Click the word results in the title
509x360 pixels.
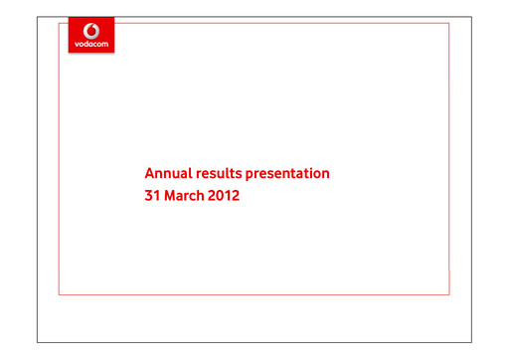(x=219, y=173)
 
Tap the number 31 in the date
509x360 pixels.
(x=153, y=196)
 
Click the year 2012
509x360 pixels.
(x=225, y=196)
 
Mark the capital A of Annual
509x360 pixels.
(x=150, y=173)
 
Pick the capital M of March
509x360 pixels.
(x=170, y=196)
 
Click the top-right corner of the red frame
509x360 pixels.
(x=449, y=23)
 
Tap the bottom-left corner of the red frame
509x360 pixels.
(x=60, y=294)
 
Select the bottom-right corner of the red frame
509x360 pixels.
(x=449, y=294)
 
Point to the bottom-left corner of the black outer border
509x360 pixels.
(x=38, y=342)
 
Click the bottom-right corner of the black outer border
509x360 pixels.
(x=471, y=342)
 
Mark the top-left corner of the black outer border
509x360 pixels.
(x=38, y=16)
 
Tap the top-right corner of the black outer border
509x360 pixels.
(x=471, y=16)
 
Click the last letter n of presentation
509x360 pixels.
(x=325, y=173)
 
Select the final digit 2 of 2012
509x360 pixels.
(x=236, y=196)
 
